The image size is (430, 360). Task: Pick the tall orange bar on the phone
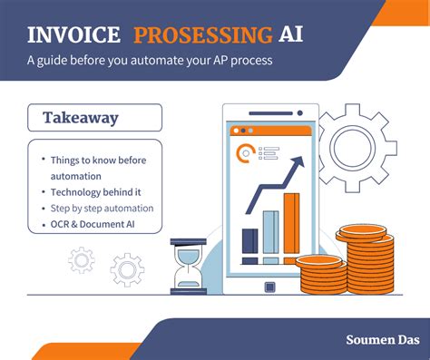[x=291, y=222]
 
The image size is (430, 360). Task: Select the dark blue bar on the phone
[x=249, y=239]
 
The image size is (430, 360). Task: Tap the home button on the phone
[x=269, y=287]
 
